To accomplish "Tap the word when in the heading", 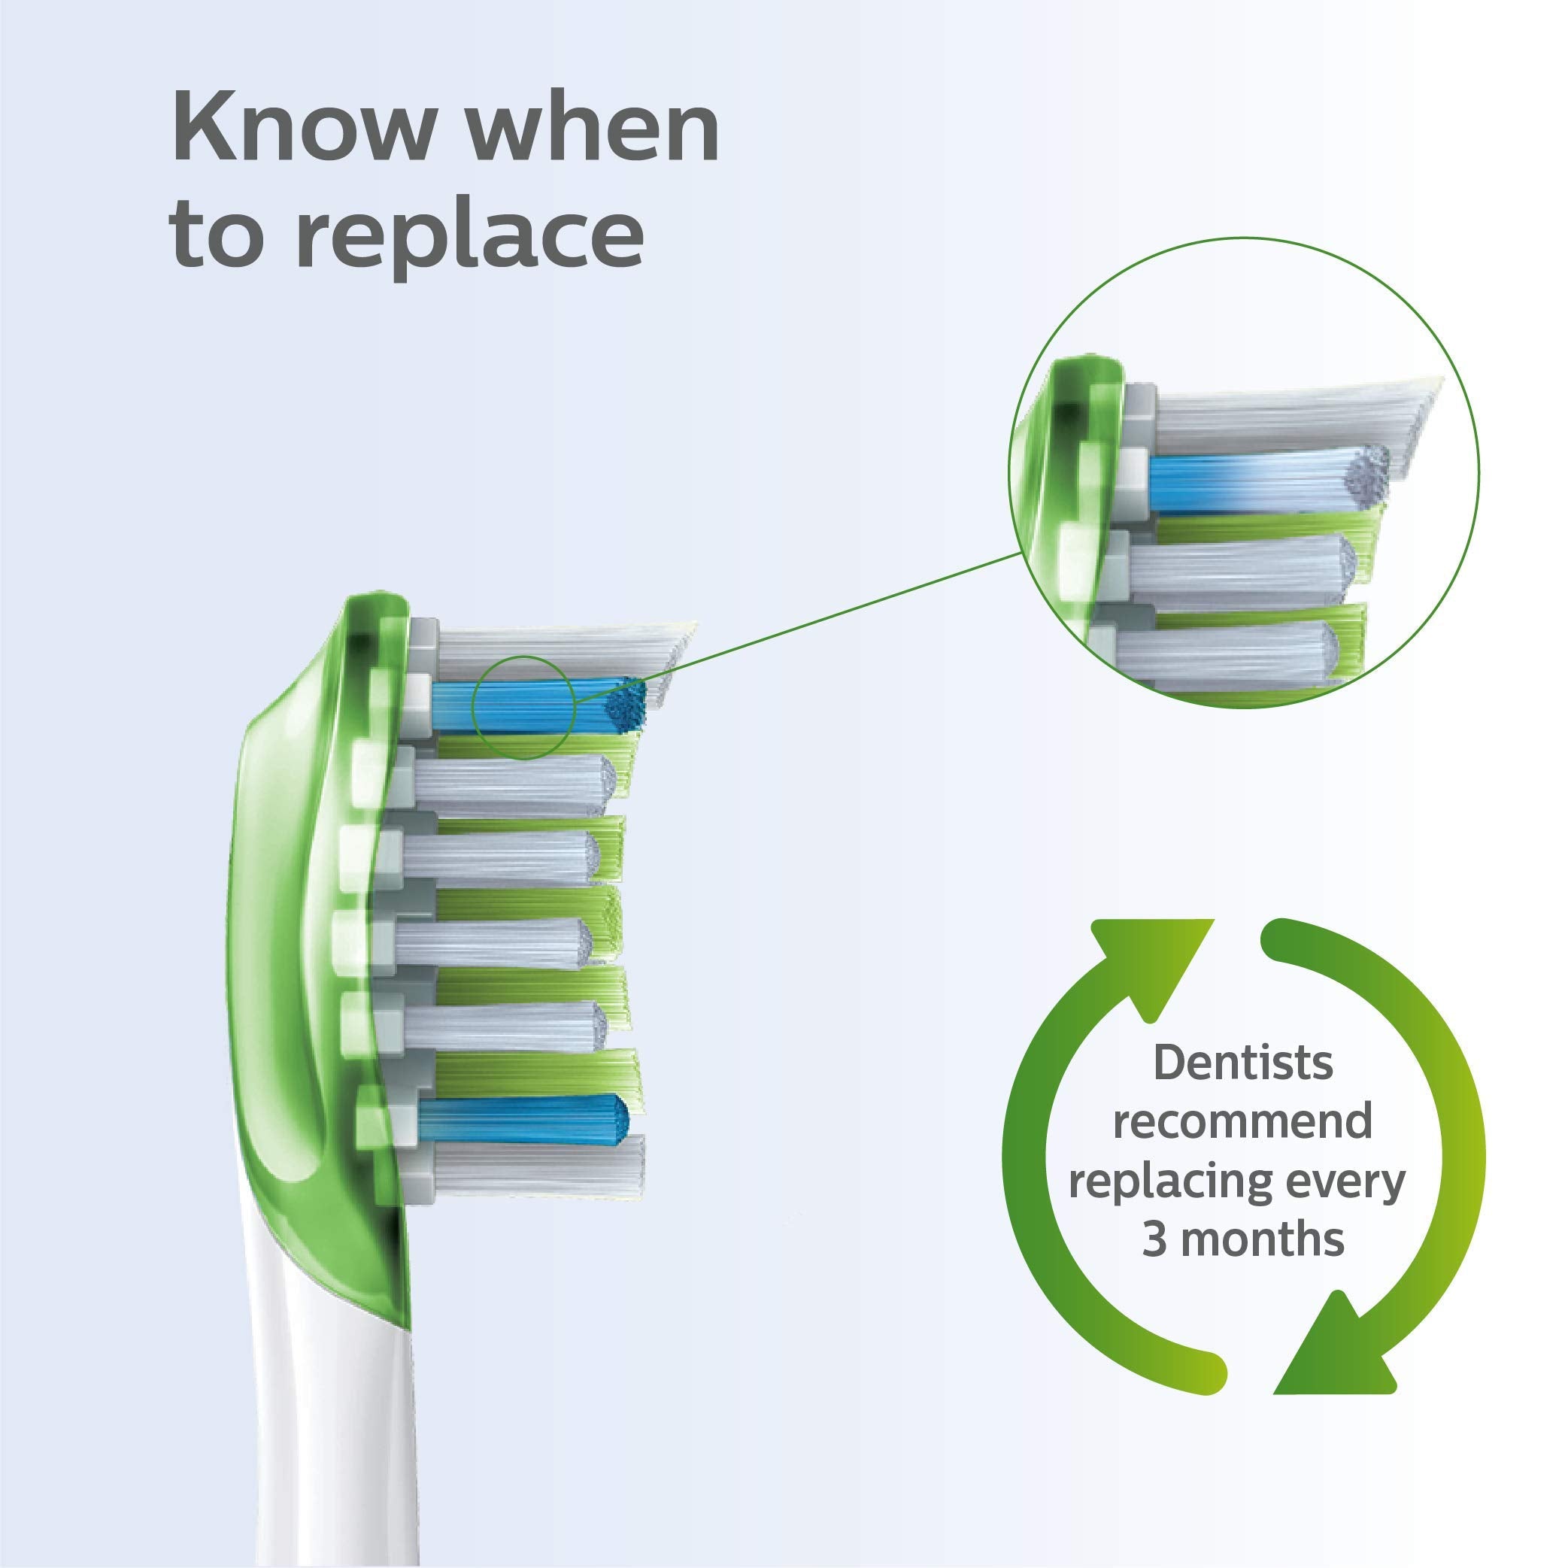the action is click(x=594, y=129).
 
